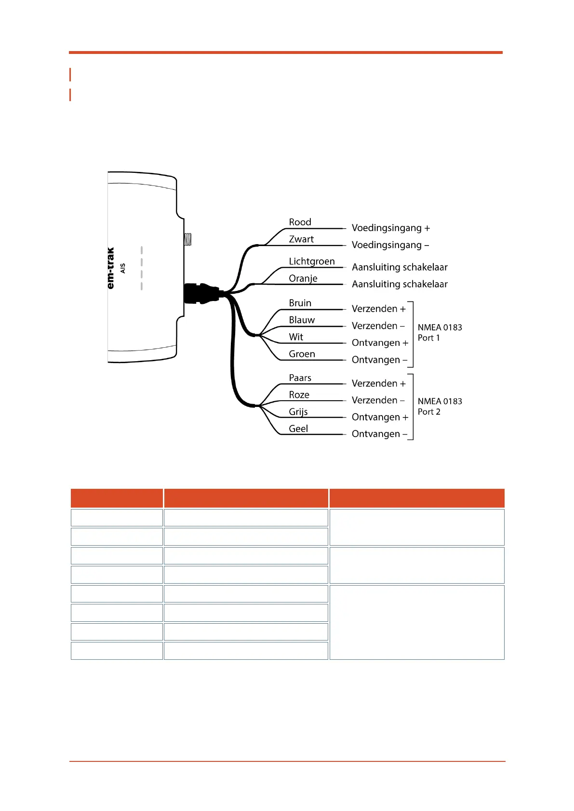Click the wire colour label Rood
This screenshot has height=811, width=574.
(x=300, y=222)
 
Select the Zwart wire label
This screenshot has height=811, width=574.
(x=301, y=239)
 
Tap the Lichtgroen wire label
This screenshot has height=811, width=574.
(x=312, y=262)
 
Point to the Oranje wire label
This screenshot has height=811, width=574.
(x=303, y=278)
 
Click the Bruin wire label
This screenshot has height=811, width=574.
(x=300, y=303)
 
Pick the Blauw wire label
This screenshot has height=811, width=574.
(x=302, y=320)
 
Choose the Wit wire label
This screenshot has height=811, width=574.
(x=296, y=337)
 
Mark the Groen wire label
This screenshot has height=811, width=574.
(x=302, y=354)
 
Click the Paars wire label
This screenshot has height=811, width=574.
(x=300, y=378)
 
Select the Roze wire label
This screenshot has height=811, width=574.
(x=299, y=395)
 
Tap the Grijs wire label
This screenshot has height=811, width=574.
(x=298, y=412)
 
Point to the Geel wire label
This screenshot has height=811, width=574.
(x=298, y=429)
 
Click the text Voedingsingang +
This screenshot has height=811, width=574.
(x=391, y=228)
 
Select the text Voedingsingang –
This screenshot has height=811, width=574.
(x=390, y=245)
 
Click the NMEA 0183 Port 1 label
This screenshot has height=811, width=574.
(x=440, y=333)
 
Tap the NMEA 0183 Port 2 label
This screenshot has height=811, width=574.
(x=440, y=406)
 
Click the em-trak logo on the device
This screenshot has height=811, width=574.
(x=110, y=268)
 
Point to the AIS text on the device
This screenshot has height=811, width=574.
(x=122, y=268)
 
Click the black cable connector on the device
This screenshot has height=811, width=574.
(x=201, y=293)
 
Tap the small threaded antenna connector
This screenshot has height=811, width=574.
(x=187, y=239)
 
